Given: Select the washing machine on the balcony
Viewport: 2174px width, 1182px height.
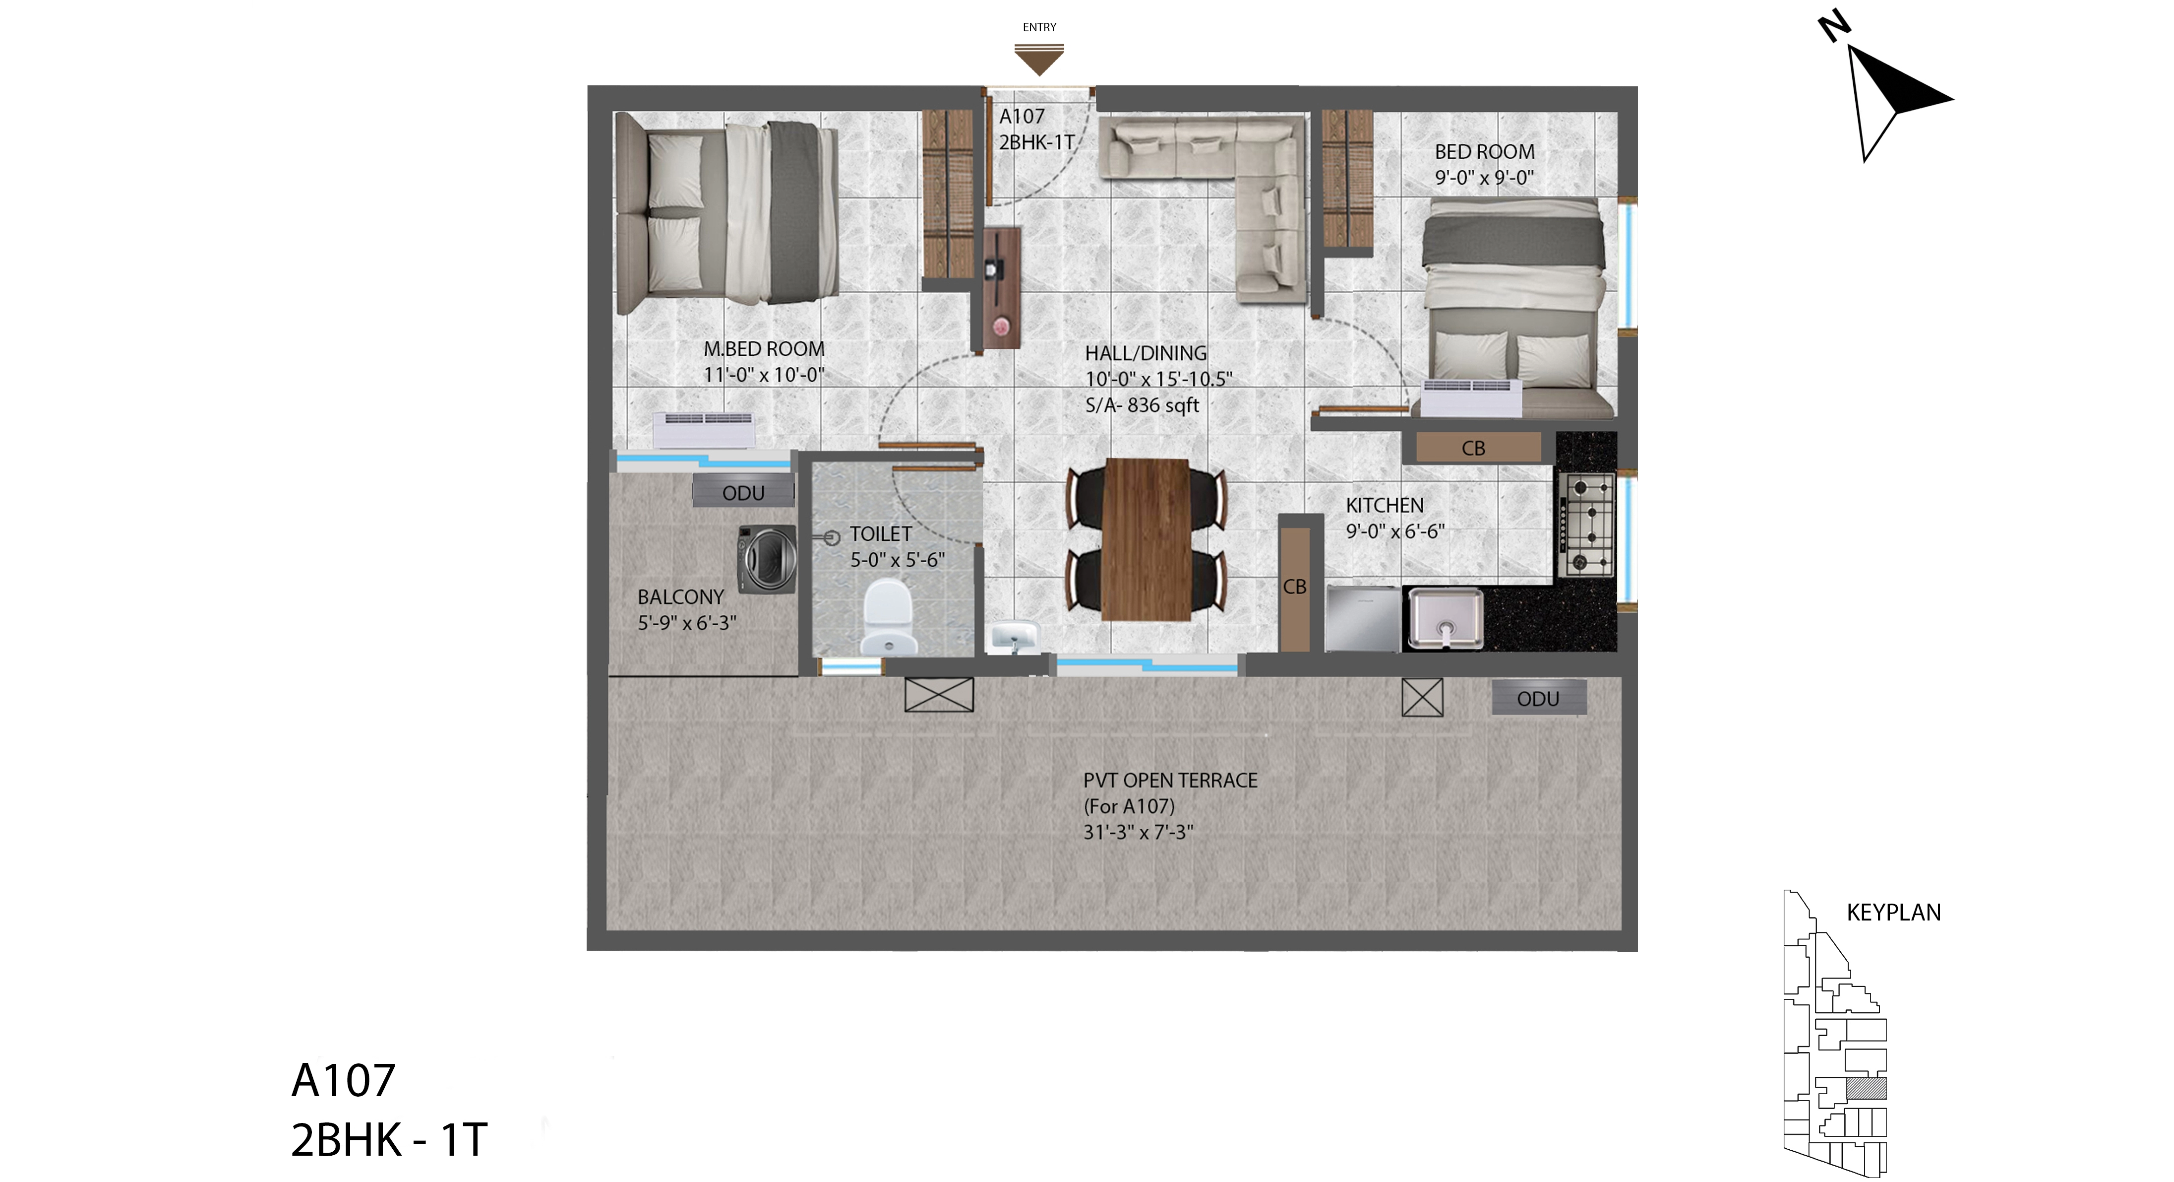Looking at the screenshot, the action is pos(767,558).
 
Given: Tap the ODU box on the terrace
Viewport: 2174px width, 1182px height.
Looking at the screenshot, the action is pos(1538,698).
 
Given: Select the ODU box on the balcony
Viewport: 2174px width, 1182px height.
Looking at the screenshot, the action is pos(743,492).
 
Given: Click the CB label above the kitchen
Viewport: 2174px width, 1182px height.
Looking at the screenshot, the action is pos(1473,448).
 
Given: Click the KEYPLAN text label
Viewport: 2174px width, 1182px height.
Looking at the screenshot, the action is pos(1894,912).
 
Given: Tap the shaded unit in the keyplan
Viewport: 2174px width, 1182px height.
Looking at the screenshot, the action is pos(1866,1087).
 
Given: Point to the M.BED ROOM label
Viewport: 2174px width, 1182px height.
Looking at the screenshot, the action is pos(764,349).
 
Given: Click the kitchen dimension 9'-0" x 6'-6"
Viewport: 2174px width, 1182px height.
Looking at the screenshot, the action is pos(1395,531).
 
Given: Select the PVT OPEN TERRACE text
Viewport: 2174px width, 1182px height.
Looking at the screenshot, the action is pos(1170,780).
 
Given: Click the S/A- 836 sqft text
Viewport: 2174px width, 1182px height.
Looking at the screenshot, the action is pos(1142,405).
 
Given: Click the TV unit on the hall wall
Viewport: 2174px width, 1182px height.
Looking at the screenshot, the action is pos(1002,287).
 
